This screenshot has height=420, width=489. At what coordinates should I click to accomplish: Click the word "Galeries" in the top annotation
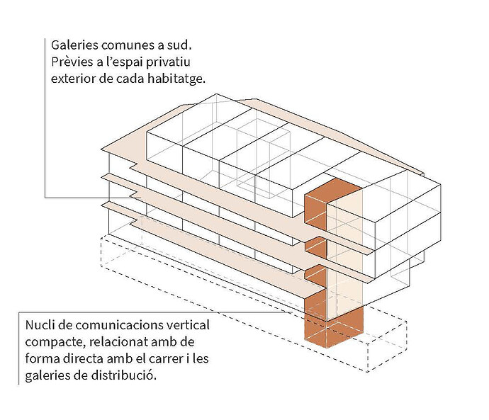[x=74, y=45]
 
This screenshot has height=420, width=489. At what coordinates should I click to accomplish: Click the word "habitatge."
[x=176, y=79]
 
